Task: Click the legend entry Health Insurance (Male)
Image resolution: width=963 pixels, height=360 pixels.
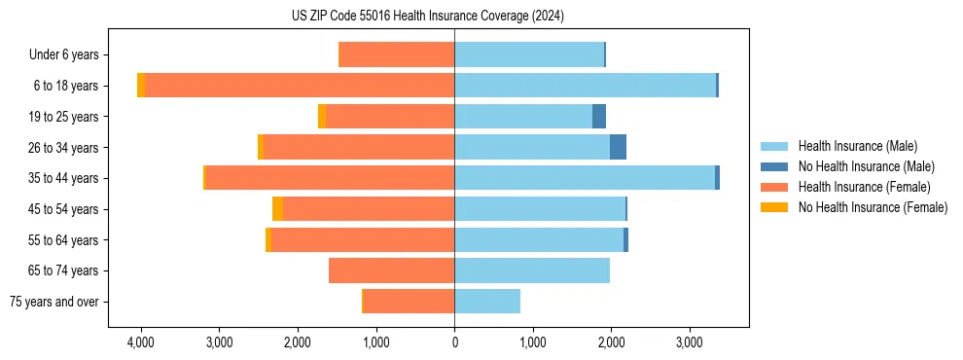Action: tap(857, 146)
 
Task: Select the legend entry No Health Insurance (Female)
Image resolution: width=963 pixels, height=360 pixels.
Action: tap(873, 207)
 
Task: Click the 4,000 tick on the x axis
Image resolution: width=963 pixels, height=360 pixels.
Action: tap(141, 342)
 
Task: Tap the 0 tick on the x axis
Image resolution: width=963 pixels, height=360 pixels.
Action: tap(454, 342)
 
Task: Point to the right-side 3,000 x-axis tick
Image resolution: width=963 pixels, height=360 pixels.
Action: tap(689, 342)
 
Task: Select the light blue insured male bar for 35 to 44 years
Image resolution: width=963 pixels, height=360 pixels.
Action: tap(584, 178)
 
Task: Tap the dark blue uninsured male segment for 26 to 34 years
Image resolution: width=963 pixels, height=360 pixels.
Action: tap(618, 147)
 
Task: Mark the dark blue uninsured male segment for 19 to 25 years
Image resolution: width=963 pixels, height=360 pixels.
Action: tap(599, 117)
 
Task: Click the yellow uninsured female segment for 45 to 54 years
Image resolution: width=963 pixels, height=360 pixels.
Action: tap(278, 209)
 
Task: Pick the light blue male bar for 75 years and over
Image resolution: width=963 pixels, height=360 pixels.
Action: tap(487, 302)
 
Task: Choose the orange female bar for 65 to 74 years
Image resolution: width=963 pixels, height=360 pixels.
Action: tap(391, 270)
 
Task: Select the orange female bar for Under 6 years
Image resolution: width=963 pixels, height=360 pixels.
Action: tap(396, 55)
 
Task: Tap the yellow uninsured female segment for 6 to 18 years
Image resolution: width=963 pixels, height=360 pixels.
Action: tap(141, 86)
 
